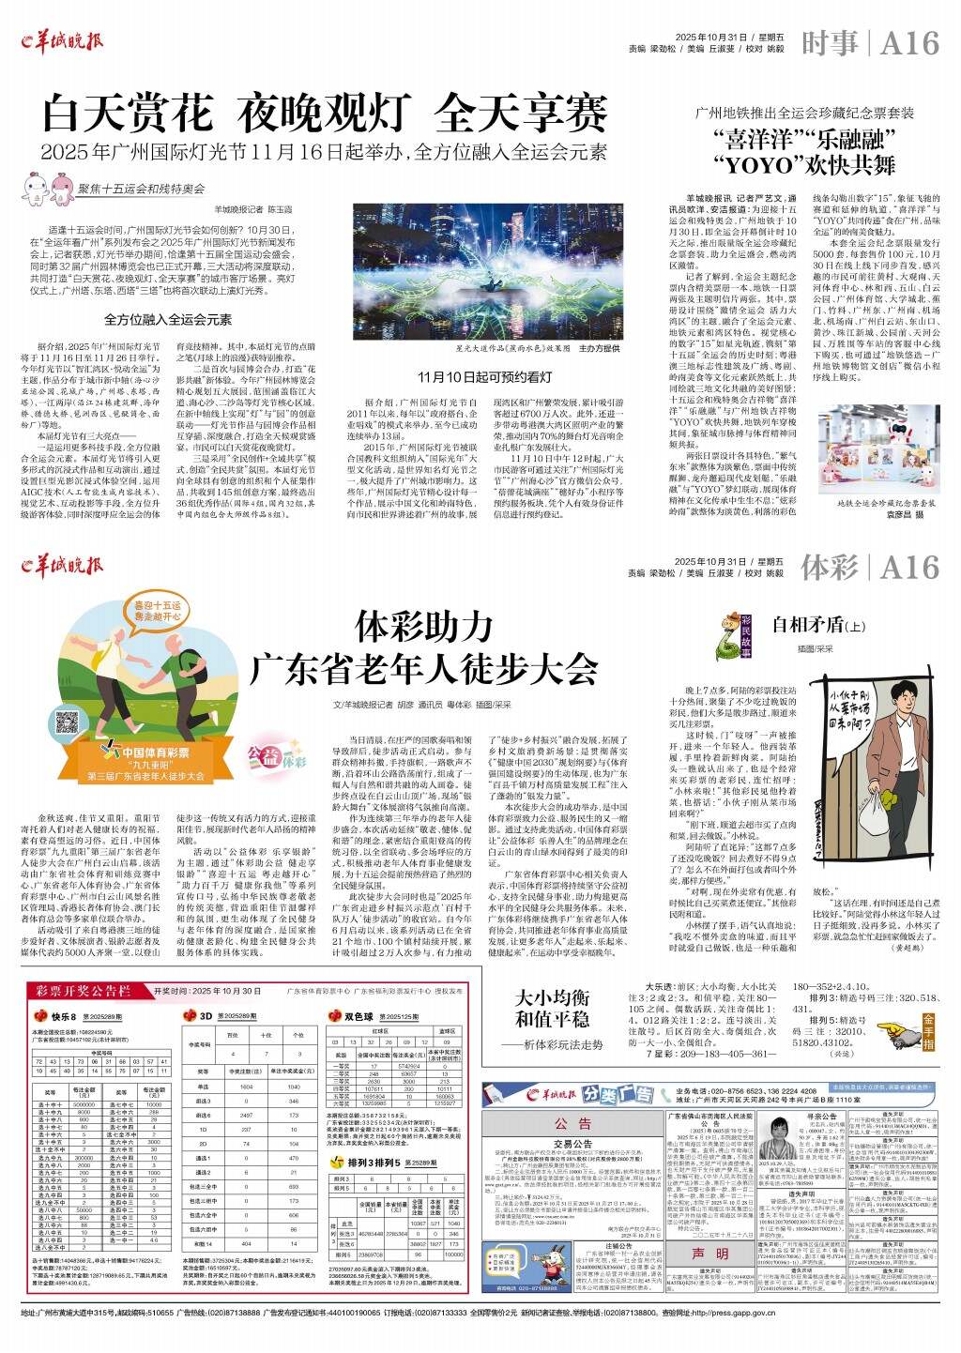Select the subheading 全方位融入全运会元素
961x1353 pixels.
pyautogui.click(x=168, y=319)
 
